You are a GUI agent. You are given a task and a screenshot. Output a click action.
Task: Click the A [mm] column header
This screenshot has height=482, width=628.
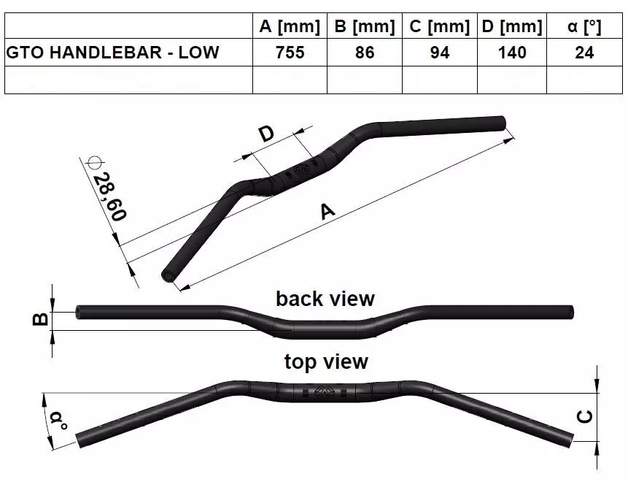pos(290,26)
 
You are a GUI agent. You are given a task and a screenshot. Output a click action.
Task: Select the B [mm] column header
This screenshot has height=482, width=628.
pos(365,26)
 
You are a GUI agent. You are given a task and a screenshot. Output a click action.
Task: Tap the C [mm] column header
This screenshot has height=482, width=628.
pos(439,26)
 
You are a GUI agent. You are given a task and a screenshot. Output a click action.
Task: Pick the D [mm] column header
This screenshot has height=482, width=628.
pos(512,26)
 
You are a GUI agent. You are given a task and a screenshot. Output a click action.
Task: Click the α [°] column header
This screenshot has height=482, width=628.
pos(584,26)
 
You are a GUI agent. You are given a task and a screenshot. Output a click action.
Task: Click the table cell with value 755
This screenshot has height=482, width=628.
pos(290,53)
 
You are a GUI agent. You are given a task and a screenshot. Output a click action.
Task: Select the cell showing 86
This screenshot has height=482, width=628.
pos(365,53)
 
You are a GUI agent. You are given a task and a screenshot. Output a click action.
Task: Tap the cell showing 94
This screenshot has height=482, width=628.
pos(440,53)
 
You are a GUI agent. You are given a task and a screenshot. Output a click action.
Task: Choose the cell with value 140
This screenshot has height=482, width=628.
pos(512,53)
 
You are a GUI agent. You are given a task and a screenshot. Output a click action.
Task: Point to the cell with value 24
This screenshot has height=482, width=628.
pos(584,53)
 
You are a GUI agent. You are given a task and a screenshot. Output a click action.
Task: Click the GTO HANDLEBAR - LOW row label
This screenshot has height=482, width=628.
pos(113,53)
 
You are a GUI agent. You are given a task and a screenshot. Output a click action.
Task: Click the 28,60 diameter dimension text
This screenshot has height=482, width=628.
pos(109,196)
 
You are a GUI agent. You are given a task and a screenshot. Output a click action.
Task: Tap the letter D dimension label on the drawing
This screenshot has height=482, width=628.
pos(266,134)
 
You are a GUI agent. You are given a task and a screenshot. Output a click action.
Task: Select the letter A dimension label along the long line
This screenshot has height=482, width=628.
pos(327,211)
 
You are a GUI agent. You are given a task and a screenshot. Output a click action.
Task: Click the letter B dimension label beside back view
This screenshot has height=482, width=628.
pos(40,319)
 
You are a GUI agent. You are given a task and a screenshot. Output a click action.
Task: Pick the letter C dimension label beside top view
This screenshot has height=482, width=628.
pos(585,416)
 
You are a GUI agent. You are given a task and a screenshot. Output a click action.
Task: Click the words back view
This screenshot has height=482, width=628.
pos(325,299)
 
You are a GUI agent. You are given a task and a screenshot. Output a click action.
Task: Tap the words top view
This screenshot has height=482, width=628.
pos(326,361)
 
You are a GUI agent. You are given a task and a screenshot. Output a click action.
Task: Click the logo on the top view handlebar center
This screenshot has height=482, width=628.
pos(323,391)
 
